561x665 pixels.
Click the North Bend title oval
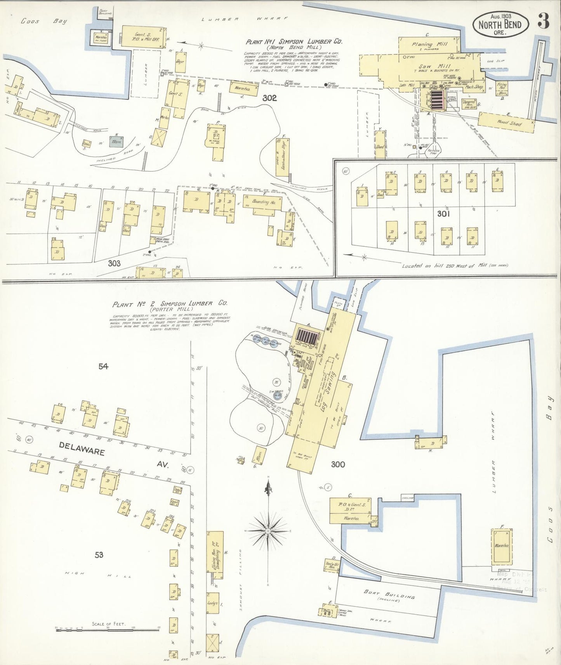pos(500,24)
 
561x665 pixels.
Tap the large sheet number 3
pos(544,23)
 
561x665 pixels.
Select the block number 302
pos(269,98)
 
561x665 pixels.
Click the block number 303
pos(114,263)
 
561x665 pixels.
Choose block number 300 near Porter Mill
pos(338,464)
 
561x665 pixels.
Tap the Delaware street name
pos(82,452)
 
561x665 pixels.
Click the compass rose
pos(268,530)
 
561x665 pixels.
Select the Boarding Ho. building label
pos(264,203)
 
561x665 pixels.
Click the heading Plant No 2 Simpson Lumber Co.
pos(170,305)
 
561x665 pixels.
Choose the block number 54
pos(103,366)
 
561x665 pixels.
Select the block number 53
pos(99,555)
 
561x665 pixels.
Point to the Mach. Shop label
pos(474,87)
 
